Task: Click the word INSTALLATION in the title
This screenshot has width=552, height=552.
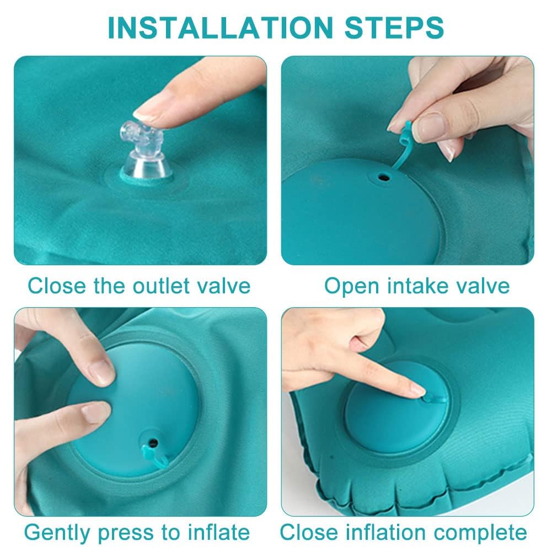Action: click(x=221, y=28)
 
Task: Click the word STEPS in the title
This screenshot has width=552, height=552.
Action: click(x=394, y=28)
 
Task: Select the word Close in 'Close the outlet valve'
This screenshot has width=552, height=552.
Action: click(x=57, y=286)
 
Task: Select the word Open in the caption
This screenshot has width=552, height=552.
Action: click(x=351, y=286)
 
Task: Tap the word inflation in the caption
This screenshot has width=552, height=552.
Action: click(x=385, y=532)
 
